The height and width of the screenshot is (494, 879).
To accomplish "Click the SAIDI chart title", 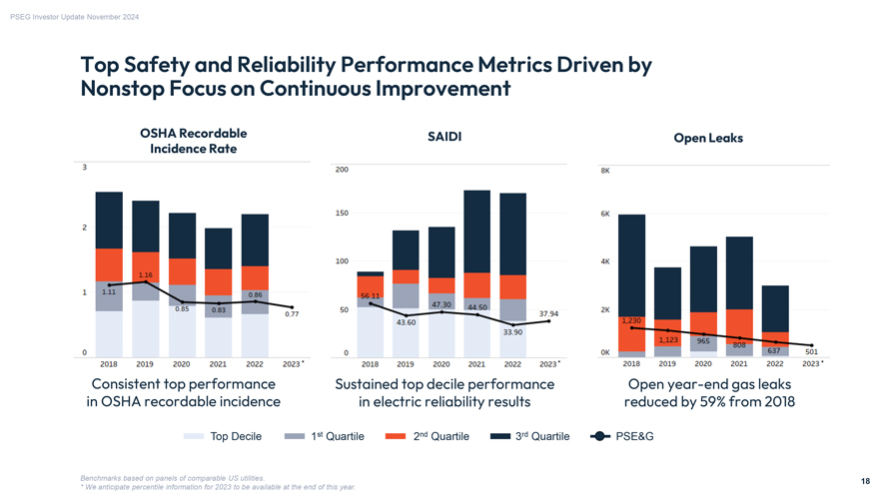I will [443, 137].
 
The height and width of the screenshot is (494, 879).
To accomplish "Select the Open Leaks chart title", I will [708, 138].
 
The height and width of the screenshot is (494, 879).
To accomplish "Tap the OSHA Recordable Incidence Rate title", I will [194, 141].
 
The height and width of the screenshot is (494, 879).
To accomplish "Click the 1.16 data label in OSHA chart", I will [145, 275].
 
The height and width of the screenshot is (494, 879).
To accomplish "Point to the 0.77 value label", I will [292, 314].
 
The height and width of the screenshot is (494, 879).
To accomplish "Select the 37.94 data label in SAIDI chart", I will [548, 313].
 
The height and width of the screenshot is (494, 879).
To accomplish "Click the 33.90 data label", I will [512, 331].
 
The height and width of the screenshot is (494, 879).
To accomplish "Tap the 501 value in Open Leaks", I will [811, 351].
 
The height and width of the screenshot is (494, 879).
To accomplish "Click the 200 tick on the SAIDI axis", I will [342, 170].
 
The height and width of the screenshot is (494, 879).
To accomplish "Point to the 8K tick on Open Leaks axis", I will [605, 171].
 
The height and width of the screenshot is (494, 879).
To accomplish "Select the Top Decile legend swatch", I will [194, 436].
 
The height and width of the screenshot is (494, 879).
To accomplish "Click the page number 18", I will [864, 480].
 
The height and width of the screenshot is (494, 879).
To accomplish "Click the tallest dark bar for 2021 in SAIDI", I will [476, 231].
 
